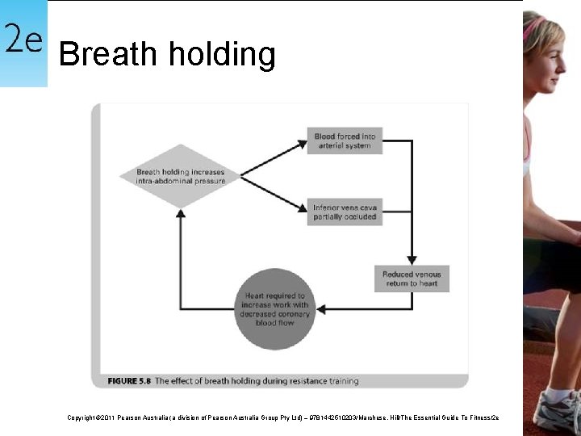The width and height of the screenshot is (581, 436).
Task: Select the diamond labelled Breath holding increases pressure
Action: coord(180,176)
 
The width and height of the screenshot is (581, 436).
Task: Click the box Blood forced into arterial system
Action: coord(345,141)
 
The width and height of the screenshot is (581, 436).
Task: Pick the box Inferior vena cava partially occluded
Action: coord(345,212)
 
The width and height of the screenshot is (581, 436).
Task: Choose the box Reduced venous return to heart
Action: coord(412,279)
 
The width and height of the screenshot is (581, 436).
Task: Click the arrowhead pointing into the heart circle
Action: coord(322,309)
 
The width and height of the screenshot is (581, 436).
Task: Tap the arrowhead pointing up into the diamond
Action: coord(181,212)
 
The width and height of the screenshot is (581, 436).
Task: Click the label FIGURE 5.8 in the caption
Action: coord(128,380)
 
